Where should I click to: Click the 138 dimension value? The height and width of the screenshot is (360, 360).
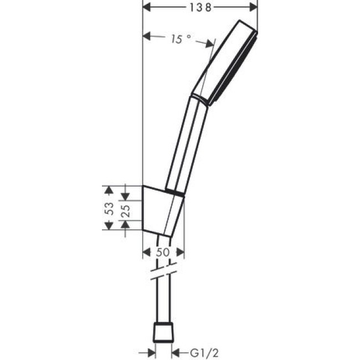200,7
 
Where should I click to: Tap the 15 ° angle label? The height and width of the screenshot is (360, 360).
181,39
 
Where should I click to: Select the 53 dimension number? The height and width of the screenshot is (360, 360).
110,208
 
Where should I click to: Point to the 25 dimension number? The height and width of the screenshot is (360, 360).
125,210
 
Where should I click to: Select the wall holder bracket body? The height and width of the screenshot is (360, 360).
162,210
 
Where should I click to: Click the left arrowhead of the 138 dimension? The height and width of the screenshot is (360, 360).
147,7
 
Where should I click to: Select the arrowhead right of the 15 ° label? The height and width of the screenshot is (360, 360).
210,43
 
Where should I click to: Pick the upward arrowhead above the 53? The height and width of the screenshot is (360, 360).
109,189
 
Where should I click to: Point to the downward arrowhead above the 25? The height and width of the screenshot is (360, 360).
125,196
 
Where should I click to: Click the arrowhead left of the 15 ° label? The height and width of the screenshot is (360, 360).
147,37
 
